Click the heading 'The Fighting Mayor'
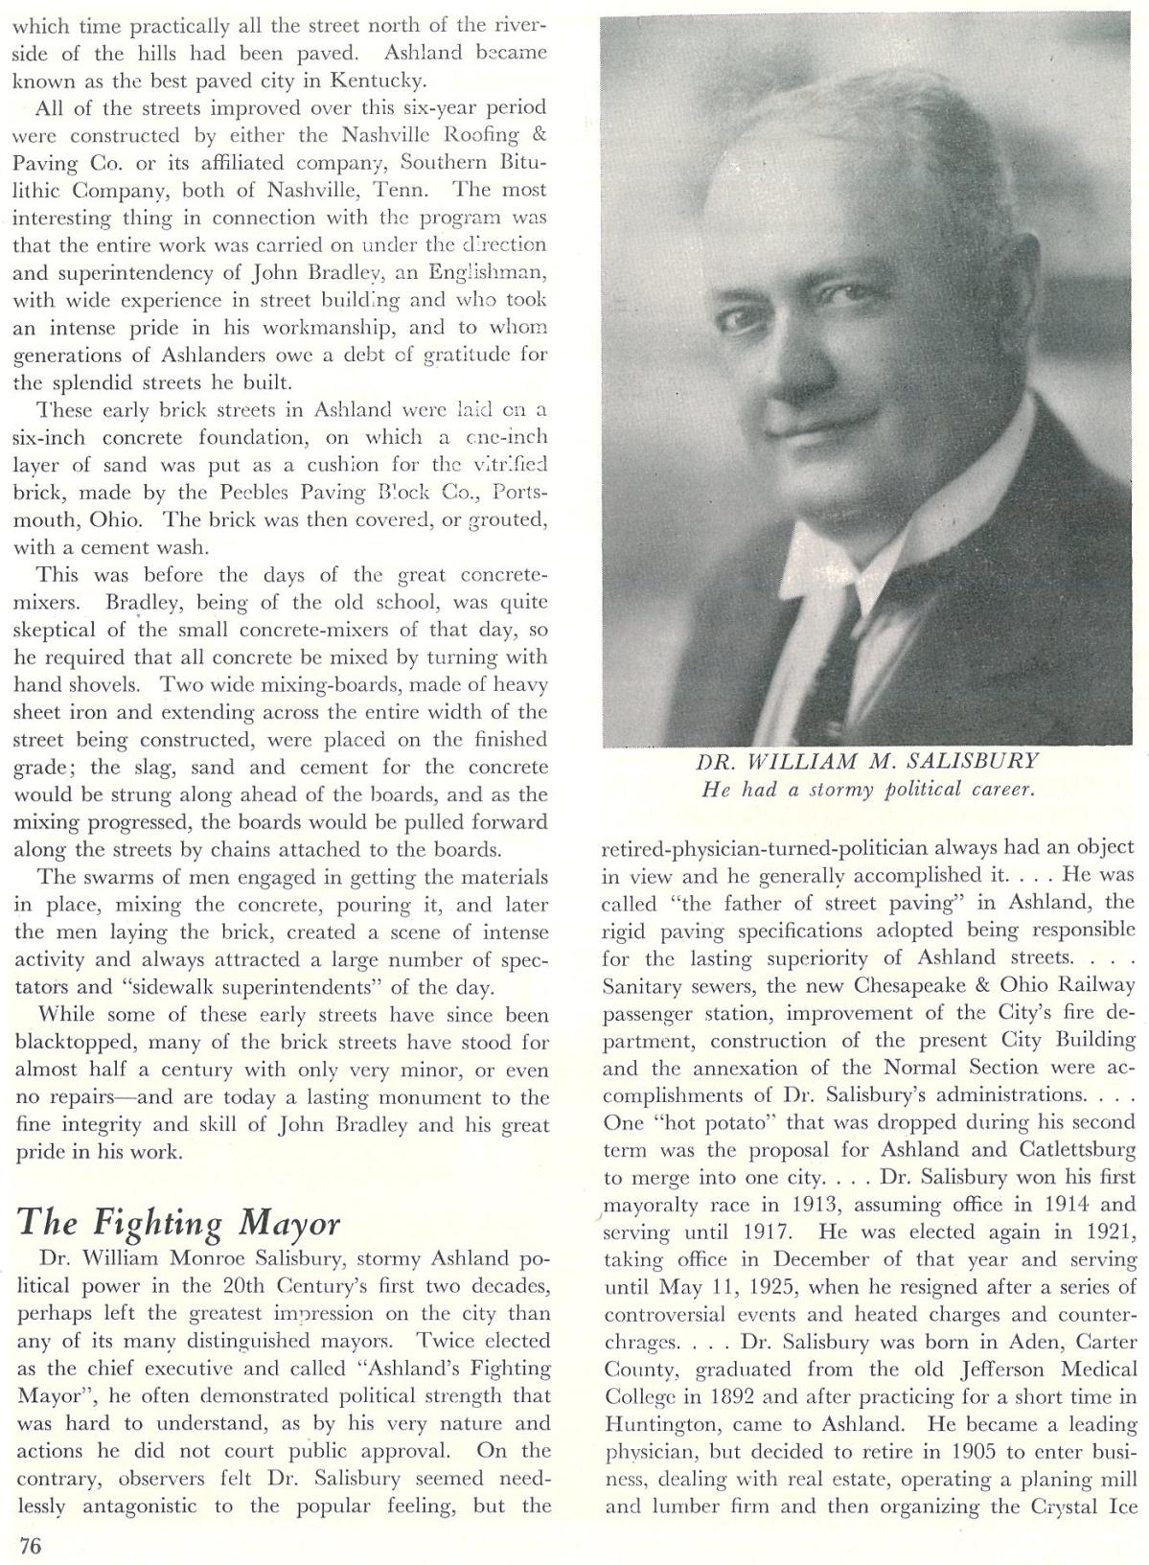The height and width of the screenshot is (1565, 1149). [x=179, y=1223]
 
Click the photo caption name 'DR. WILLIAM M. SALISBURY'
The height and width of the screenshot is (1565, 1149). [x=866, y=763]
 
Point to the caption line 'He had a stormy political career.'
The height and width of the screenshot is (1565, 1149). [x=866, y=790]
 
